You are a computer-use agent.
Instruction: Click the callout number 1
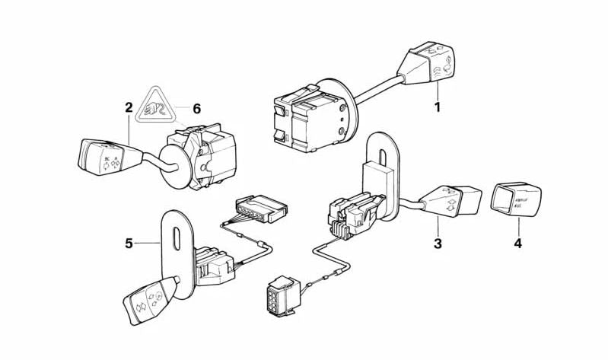(438, 107)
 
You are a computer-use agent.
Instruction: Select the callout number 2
(129, 108)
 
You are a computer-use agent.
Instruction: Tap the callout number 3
(438, 244)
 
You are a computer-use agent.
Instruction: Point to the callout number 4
(518, 244)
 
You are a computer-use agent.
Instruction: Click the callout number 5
(129, 244)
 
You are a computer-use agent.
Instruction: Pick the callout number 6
(196, 109)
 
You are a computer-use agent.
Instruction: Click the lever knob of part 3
(452, 200)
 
